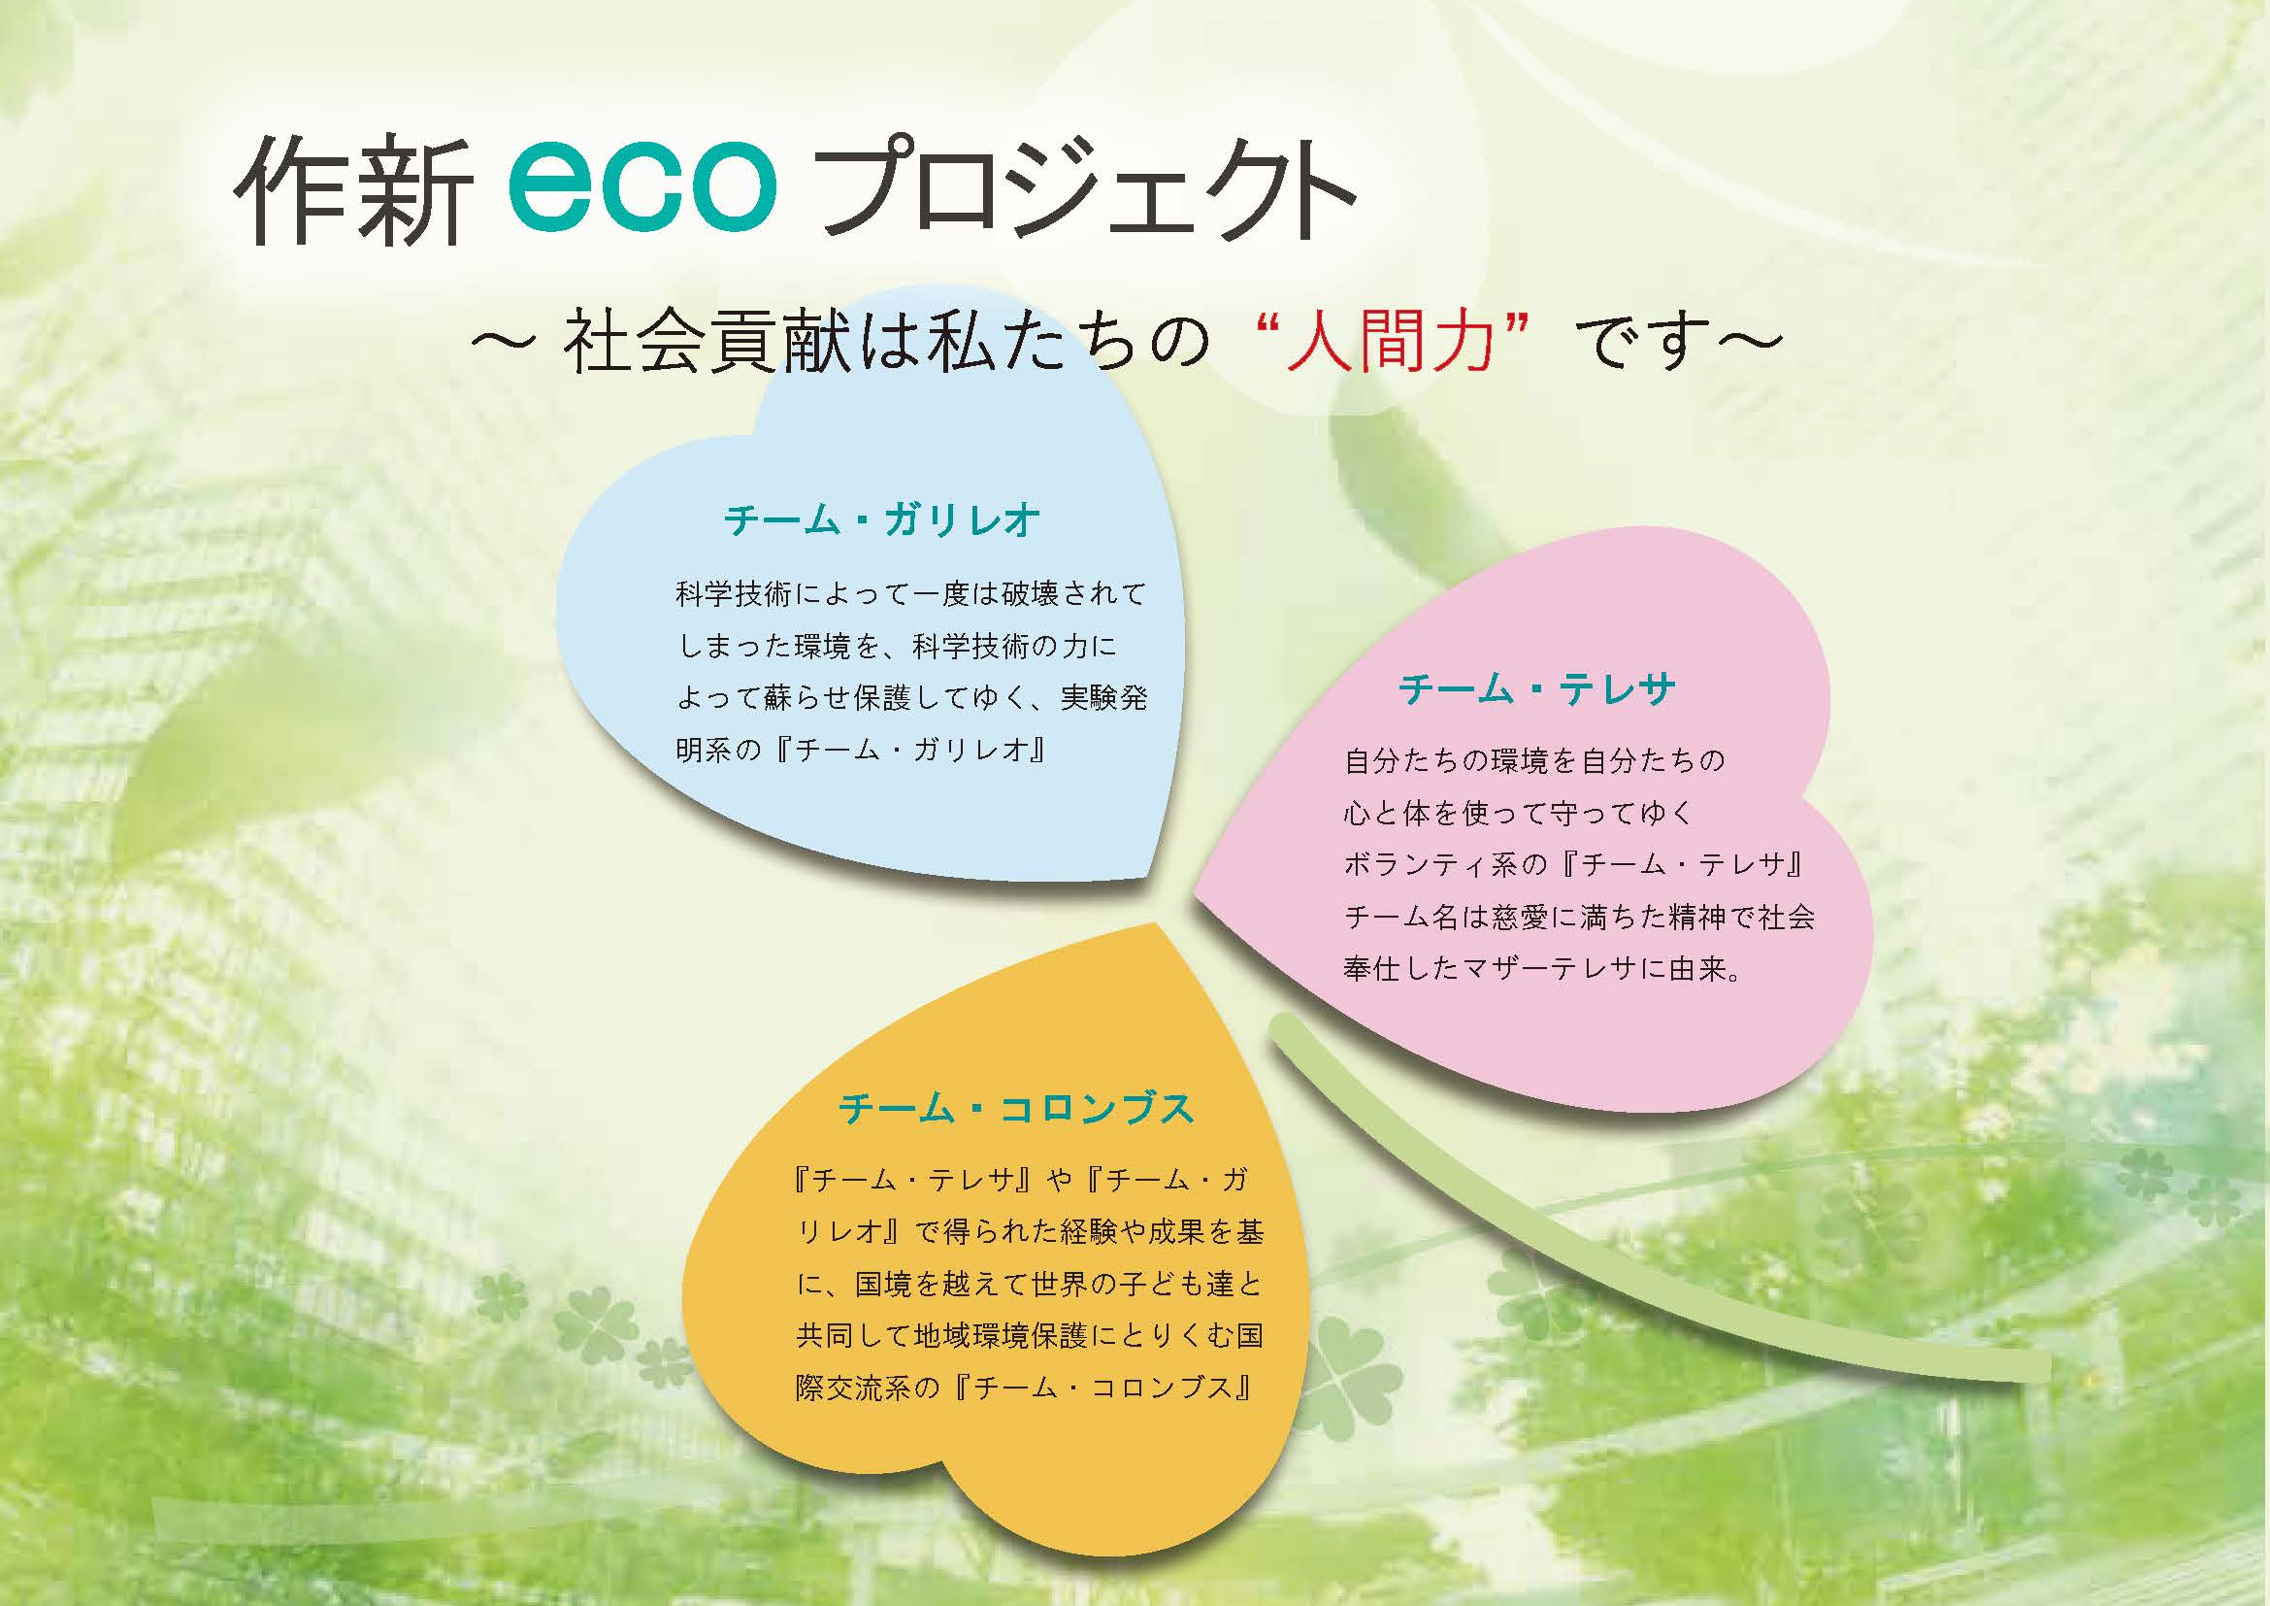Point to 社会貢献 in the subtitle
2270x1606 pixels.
(707, 340)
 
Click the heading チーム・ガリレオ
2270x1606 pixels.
(882, 519)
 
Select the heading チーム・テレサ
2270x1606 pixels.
(1536, 688)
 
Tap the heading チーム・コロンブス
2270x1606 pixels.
(1016, 1109)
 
